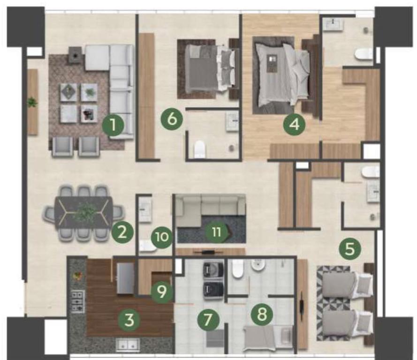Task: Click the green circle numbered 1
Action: tap(114, 125)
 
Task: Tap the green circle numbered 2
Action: tap(122, 233)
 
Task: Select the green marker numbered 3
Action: tap(129, 320)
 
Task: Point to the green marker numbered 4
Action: tap(294, 124)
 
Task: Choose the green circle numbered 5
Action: tap(350, 249)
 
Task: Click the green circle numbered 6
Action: tap(172, 119)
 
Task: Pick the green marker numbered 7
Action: tap(208, 320)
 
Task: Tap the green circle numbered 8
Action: tap(262, 315)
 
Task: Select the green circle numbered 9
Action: tap(162, 292)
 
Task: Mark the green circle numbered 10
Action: tap(162, 237)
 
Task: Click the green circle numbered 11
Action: tap(217, 232)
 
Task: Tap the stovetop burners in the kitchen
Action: tap(78, 301)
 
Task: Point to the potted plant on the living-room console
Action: tap(32, 102)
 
